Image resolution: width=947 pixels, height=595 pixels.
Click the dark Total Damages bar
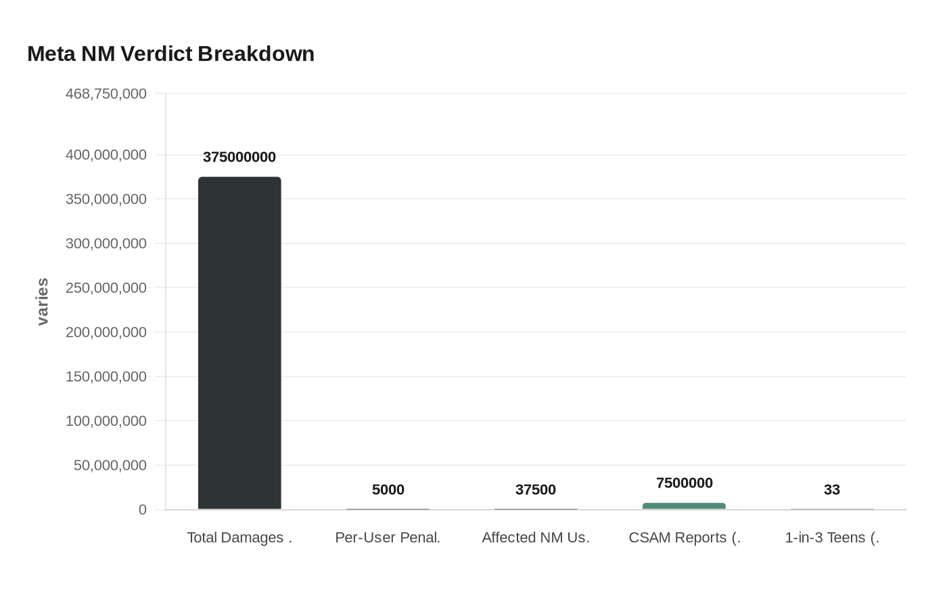pos(239,343)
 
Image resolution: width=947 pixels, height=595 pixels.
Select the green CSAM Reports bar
pos(684,506)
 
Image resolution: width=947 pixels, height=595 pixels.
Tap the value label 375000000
pos(239,157)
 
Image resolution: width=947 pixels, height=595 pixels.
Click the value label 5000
pos(388,490)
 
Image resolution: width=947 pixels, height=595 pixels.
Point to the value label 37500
pos(536,490)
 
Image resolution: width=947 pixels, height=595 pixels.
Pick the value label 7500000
pos(684,483)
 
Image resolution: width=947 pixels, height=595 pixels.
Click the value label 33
pos(832,490)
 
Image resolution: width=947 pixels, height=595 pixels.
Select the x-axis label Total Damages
pos(239,538)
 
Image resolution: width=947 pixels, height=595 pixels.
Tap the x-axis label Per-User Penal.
pos(388,538)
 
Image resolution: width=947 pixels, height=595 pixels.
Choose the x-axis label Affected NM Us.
pos(536,538)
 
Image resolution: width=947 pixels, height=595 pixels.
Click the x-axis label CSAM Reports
pos(684,538)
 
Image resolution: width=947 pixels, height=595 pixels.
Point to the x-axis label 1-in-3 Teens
pos(832,538)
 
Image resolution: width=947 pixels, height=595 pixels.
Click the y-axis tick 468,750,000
pos(106,93)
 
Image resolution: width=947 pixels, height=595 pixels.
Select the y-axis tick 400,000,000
pos(106,155)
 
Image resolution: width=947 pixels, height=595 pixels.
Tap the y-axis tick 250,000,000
pos(106,287)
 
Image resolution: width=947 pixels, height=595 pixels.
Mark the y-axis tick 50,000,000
pos(110,465)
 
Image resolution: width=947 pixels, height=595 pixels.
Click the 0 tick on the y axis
pos(142,510)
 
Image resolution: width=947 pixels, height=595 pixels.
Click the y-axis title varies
pos(43,302)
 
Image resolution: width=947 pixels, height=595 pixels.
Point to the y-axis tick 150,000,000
pos(106,377)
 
